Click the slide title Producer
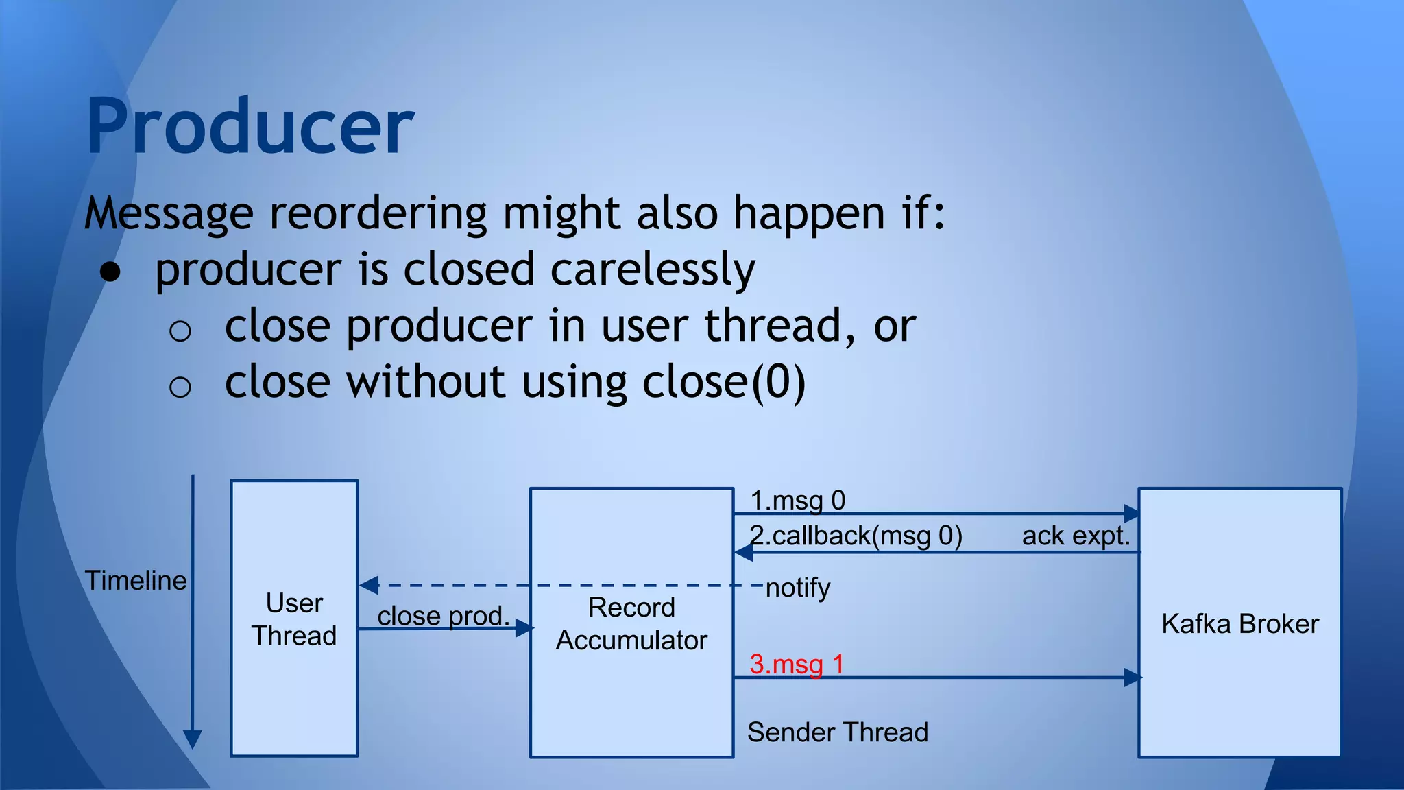pyautogui.click(x=250, y=127)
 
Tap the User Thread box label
pyautogui.click(x=294, y=619)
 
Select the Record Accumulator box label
pyautogui.click(x=631, y=623)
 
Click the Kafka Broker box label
pyautogui.click(x=1239, y=624)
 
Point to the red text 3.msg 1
pyautogui.click(x=796, y=664)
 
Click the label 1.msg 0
pyautogui.click(x=797, y=501)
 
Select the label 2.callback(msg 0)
pyautogui.click(x=856, y=536)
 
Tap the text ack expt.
pyautogui.click(x=1076, y=536)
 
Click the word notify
pyautogui.click(x=797, y=588)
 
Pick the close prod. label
pyautogui.click(x=444, y=615)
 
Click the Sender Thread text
pyautogui.click(x=837, y=732)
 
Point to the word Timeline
pyautogui.click(x=135, y=580)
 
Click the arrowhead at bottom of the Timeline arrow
pyautogui.click(x=193, y=739)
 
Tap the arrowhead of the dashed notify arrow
pyautogui.click(x=369, y=585)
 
